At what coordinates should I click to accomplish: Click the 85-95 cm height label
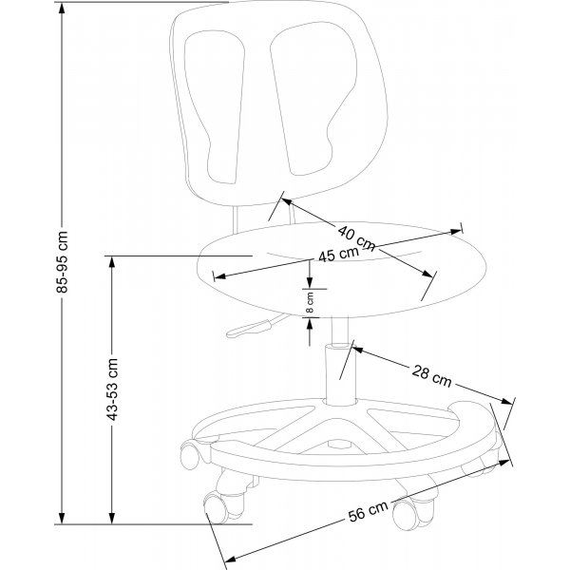tap(64, 259)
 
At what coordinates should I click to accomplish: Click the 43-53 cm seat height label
tap(113, 390)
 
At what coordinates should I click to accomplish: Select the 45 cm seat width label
tap(338, 256)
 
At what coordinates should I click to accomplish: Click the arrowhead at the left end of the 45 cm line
tap(219, 276)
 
